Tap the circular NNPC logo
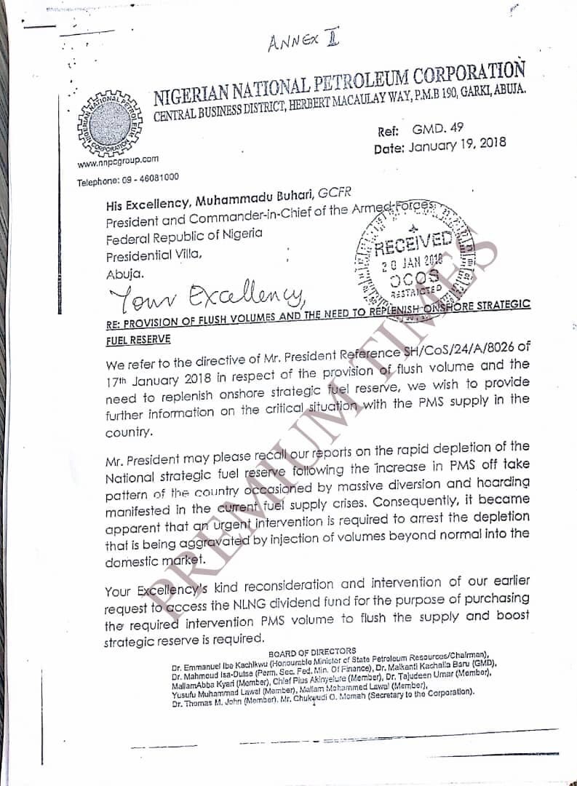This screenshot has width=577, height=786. point(110,121)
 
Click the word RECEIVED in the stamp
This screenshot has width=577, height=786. point(413,243)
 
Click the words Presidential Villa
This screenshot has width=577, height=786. point(151,255)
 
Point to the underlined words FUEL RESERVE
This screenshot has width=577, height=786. point(138,339)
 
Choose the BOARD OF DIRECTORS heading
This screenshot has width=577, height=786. point(312,651)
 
